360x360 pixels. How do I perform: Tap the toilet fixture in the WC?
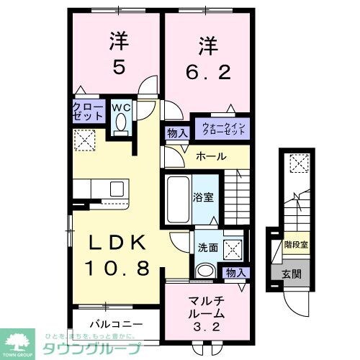(119, 127)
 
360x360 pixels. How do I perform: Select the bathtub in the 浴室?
(178, 192)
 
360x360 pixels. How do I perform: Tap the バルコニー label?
(116, 324)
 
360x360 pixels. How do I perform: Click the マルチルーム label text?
(207, 306)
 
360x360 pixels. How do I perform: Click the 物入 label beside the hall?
(177, 132)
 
